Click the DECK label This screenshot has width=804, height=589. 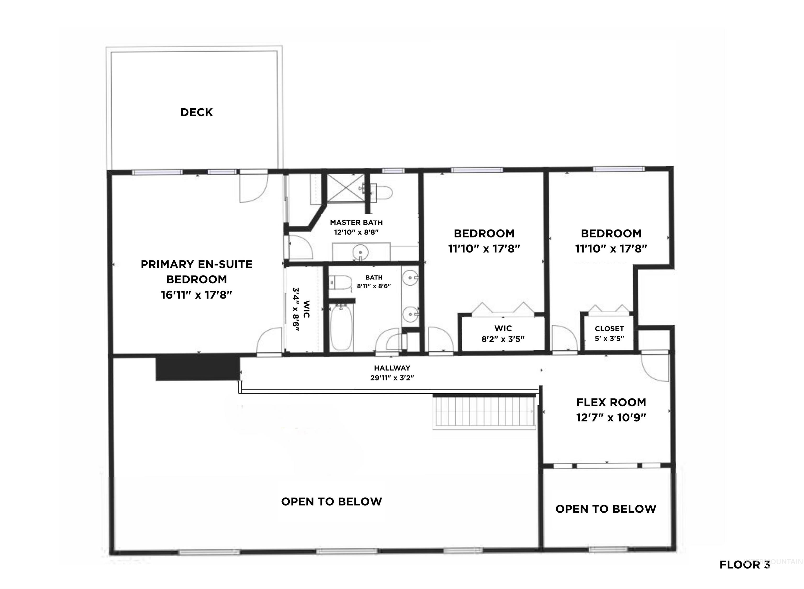pos(197,112)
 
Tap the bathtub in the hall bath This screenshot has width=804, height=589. pos(342,328)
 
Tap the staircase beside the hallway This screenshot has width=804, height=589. pos(484,411)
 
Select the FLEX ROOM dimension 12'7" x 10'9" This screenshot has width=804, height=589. pos(611,418)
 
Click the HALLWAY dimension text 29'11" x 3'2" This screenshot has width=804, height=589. pos(392,378)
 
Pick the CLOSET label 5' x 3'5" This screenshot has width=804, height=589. pos(609,333)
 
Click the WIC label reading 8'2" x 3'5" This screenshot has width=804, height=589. pos(503,334)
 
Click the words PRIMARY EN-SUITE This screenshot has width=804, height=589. pos(197,265)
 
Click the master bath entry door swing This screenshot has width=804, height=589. pos(300,247)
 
